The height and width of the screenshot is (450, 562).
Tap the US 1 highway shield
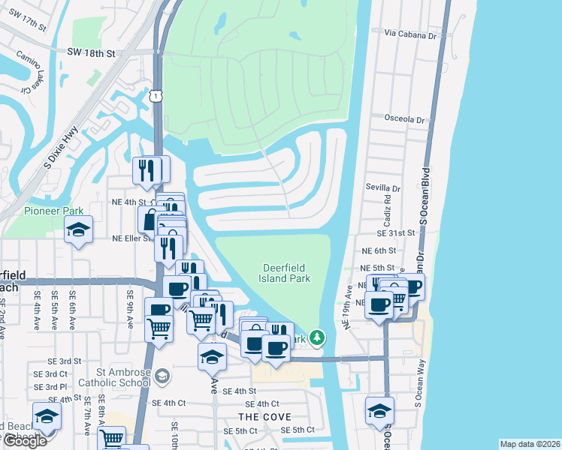(x=155, y=96)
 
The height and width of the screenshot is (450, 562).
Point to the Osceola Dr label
(x=404, y=118)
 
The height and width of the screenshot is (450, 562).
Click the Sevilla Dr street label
(x=383, y=188)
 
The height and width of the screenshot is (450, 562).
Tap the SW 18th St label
(x=91, y=54)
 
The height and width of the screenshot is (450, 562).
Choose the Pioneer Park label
(x=53, y=211)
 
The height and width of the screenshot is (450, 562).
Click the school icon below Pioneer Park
(x=77, y=232)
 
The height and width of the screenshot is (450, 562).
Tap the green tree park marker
(x=318, y=338)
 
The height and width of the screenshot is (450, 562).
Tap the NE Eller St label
(x=132, y=238)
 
